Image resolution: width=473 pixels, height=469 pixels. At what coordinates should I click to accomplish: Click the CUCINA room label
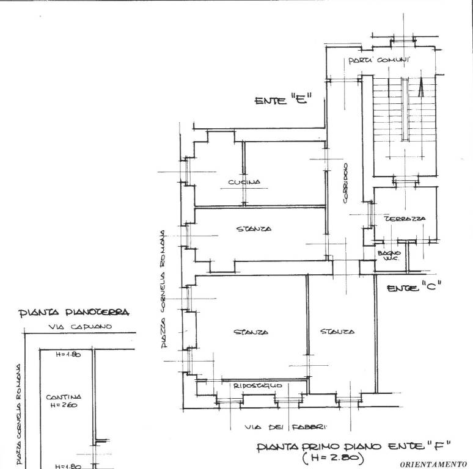pos(244,182)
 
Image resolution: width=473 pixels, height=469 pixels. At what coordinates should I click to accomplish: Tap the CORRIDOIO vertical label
pos(345,183)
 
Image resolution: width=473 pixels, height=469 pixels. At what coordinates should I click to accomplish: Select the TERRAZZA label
pos(405,218)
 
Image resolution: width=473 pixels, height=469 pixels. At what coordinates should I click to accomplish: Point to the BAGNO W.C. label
pos(389,256)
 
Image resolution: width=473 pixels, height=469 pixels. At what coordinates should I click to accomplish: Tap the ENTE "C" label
pos(414,288)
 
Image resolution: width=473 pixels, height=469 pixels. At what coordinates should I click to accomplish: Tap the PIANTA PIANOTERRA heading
pos(74,313)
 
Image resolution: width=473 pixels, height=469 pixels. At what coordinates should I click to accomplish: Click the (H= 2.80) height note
pos(333,456)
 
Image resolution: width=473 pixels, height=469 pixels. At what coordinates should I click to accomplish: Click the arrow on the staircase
pos(420,89)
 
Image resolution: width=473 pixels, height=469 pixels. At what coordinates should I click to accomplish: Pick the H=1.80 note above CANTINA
pos(68,354)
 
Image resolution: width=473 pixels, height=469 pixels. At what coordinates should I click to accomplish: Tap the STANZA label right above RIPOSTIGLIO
pos(251,332)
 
